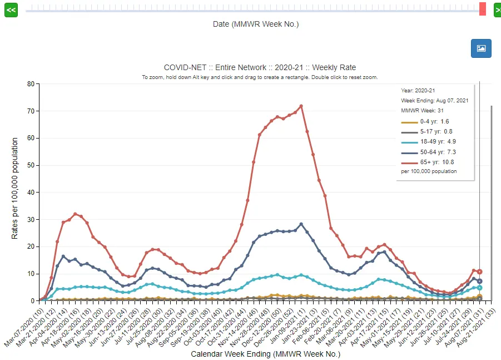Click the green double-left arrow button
pyautogui.click(x=11, y=10)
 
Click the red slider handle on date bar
pyautogui.click(x=482, y=9)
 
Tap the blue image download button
pyautogui.click(x=481, y=48)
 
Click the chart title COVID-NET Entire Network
pyautogui.click(x=260, y=67)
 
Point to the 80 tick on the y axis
pyautogui.click(x=31, y=84)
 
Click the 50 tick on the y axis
pyautogui.click(x=31, y=165)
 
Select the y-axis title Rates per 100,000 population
pyautogui.click(x=15, y=189)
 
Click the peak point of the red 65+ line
pyautogui.click(x=301, y=106)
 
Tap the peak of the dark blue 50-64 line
pyautogui.click(x=301, y=224)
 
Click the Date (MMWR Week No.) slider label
pyautogui.click(x=256, y=24)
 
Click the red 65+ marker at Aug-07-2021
pyautogui.click(x=479, y=272)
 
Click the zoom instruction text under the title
pyautogui.click(x=260, y=77)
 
